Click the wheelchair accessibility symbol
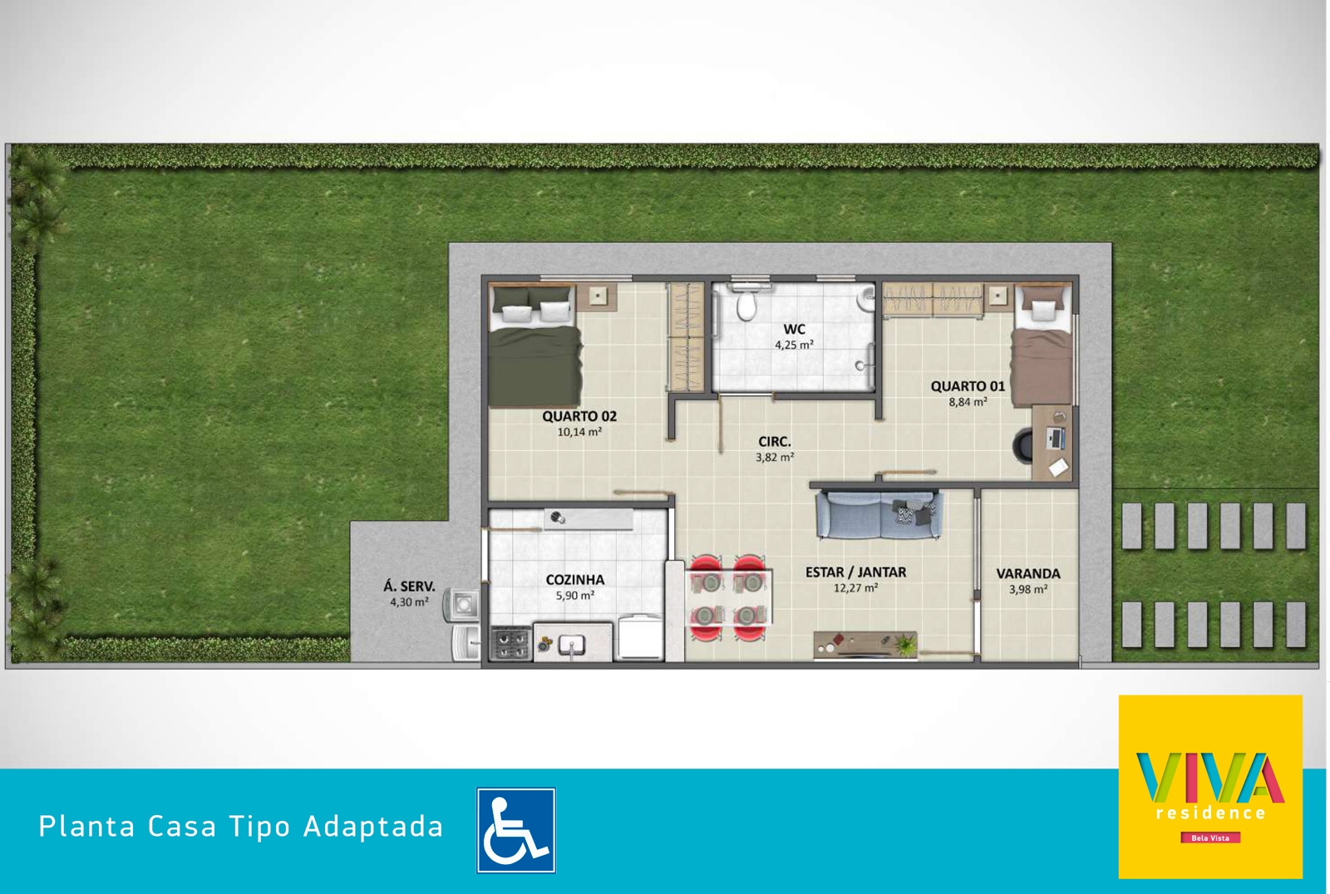coord(516,830)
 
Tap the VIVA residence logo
coord(1210,787)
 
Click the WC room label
coord(794,330)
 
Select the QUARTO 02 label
coord(579,417)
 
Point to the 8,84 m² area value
coord(968,402)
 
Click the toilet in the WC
coord(746,302)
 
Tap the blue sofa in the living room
coord(879,514)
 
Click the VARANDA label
coord(1027,574)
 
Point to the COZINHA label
coord(574,580)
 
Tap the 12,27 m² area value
coord(855,588)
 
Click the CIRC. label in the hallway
coord(774,442)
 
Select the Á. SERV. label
coord(409,587)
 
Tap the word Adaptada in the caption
coord(373,827)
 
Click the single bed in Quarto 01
coord(1042,346)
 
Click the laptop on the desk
coord(1055,438)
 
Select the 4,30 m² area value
coord(409,602)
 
